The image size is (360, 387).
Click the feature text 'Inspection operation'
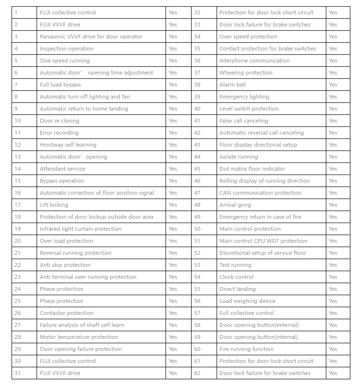[x=66, y=49]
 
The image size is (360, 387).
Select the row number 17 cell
[x=18, y=205]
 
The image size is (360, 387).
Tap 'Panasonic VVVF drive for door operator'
[x=91, y=37]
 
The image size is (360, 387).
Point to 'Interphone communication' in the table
[x=254, y=61]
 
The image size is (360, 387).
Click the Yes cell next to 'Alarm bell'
[x=333, y=85]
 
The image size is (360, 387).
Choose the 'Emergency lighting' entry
[x=244, y=97]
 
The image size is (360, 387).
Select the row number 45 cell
[x=197, y=169]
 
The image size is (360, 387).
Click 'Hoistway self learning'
[x=68, y=145]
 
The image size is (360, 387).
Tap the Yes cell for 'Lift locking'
[x=173, y=205]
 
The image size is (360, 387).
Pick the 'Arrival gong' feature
[x=235, y=205]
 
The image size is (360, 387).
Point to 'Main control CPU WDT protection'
[x=263, y=241]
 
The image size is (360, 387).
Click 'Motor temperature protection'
[x=78, y=337]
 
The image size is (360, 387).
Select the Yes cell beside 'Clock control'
[x=333, y=277]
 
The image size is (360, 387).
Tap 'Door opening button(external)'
[x=259, y=325]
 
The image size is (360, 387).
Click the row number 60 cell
[x=197, y=349]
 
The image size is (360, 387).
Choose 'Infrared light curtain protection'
[x=80, y=229]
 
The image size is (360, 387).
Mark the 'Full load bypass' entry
[x=60, y=85]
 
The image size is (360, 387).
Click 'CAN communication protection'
[x=260, y=193]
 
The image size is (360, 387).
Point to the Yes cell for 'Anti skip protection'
[x=173, y=265]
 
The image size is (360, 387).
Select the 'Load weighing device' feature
[x=247, y=301]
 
